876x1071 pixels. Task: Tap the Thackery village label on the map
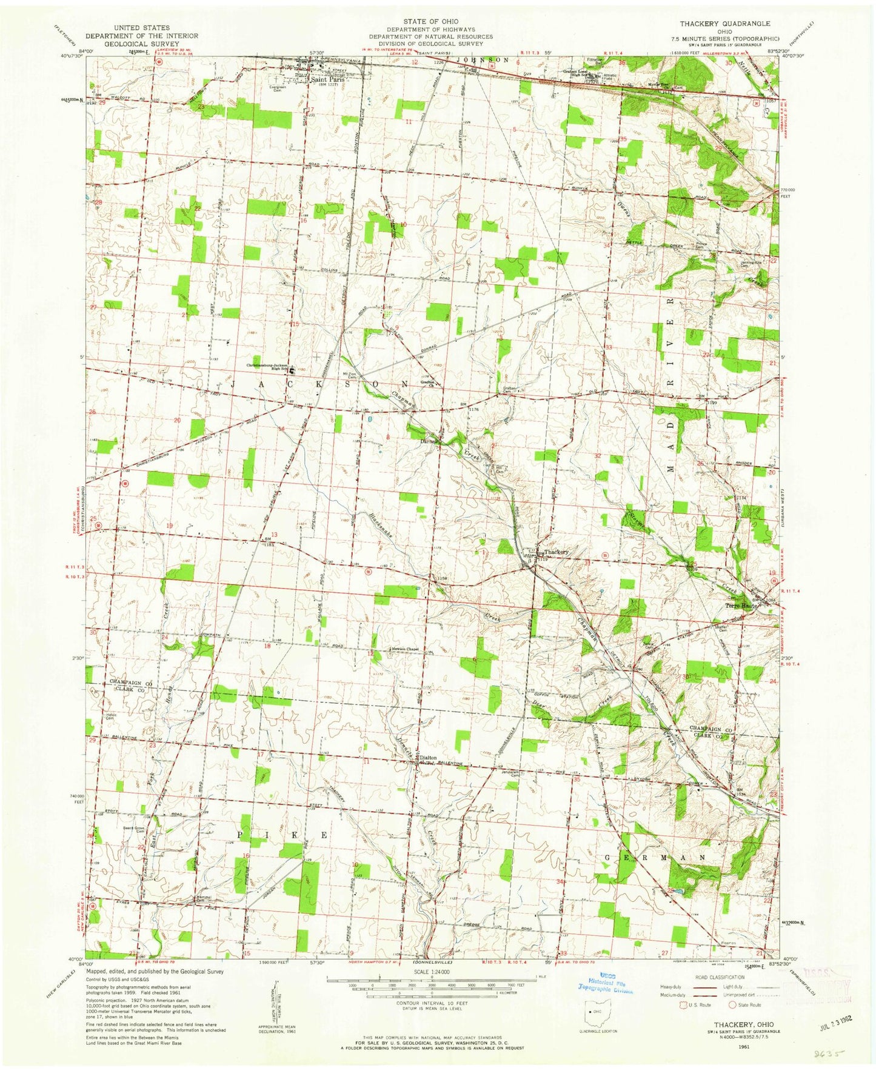[x=556, y=552]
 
